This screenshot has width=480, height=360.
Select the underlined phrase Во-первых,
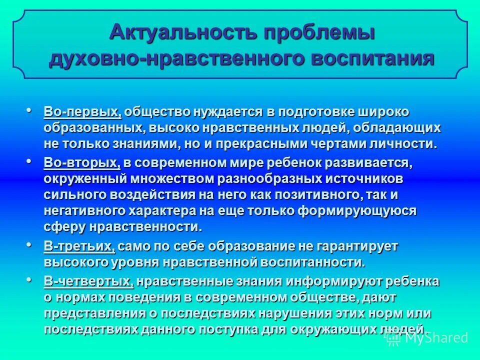click(82, 111)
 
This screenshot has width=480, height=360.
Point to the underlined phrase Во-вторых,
click(82, 163)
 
